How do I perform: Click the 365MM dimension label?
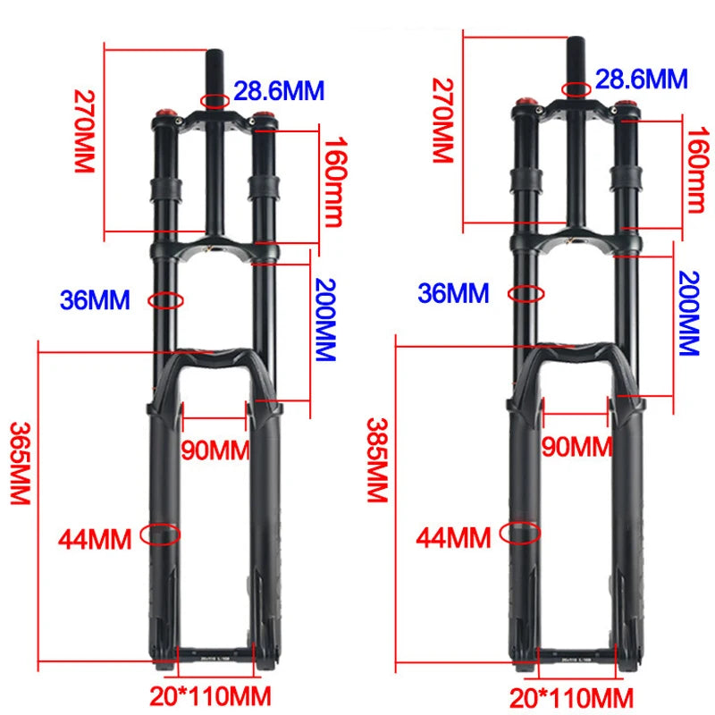pos(20,464)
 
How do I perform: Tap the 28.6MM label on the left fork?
pos(279,91)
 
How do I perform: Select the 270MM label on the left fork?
pos(84,131)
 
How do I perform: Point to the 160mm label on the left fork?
pos(332,182)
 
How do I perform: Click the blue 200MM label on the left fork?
pos(324,318)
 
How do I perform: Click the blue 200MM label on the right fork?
pos(687,314)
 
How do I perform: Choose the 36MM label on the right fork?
pos(454,293)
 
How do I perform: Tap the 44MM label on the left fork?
pos(95,539)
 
